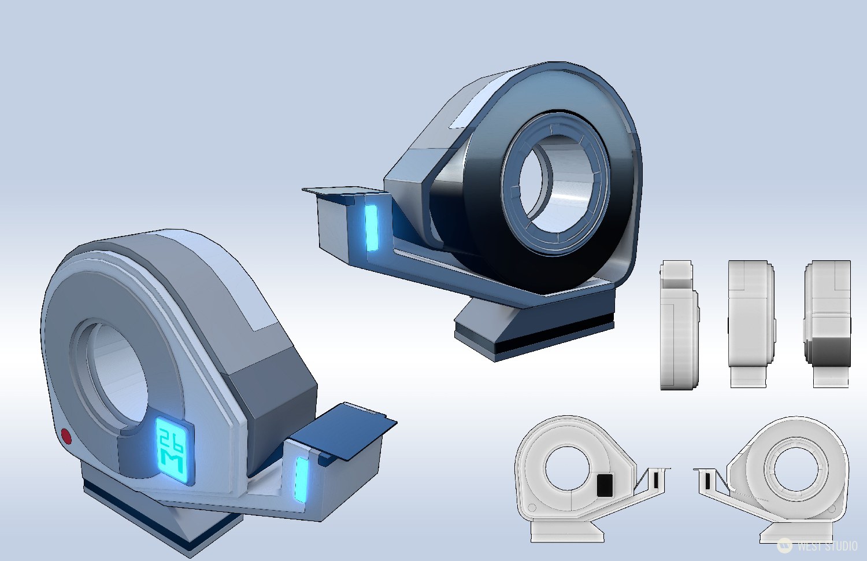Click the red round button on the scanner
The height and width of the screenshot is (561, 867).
point(66,435)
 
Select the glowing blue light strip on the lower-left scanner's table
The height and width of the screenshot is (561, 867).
point(301,479)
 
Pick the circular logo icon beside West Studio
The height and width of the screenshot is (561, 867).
point(784,545)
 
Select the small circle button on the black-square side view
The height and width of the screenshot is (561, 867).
point(532,508)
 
